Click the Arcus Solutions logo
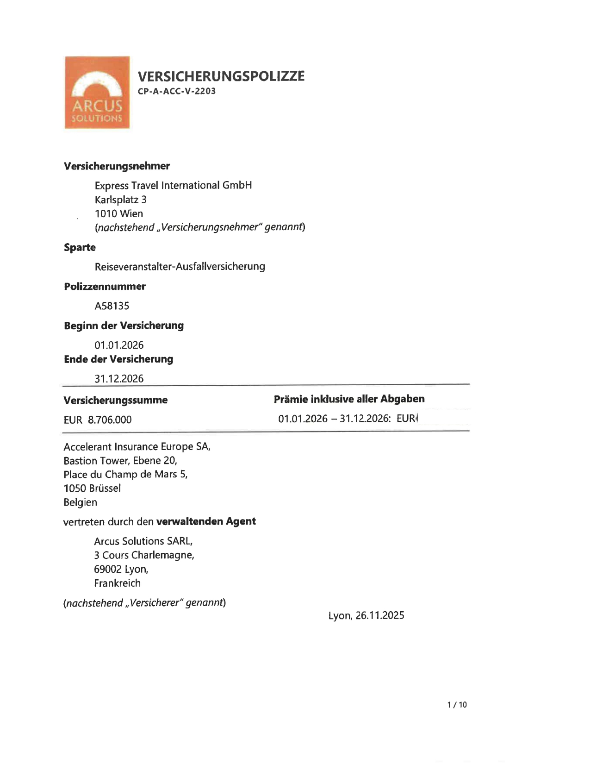97,93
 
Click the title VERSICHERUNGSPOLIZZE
221,76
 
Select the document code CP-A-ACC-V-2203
177,91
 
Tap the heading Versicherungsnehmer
117,166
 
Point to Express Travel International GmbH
173,185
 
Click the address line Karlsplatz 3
120,200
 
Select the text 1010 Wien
118,213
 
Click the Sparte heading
80,247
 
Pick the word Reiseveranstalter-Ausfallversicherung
180,266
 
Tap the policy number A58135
112,306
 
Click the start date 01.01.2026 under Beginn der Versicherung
119,345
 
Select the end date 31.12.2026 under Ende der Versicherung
119,379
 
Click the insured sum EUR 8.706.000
98,420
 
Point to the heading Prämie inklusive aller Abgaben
349,399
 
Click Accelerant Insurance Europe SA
137,446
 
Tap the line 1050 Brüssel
92,488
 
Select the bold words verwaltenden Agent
206,521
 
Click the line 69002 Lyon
121,569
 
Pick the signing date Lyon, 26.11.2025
366,615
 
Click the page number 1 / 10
457,705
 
